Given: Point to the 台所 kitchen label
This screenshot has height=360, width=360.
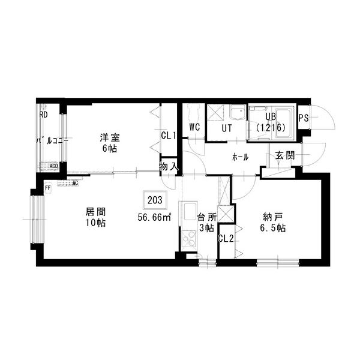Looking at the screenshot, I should click(206, 217).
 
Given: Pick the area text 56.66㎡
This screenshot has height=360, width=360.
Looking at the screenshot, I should click(154, 217).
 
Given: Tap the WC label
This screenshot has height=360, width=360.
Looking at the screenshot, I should click(194, 127).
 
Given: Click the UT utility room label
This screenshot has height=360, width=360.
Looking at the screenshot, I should click(227, 127).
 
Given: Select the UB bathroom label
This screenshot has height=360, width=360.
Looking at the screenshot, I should click(271, 117).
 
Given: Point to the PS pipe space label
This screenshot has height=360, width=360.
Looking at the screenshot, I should click(304, 118).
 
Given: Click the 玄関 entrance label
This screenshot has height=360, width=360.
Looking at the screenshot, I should click(285, 155).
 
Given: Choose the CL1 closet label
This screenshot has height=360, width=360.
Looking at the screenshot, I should click(168, 136).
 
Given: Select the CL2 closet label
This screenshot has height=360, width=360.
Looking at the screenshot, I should click(226, 238).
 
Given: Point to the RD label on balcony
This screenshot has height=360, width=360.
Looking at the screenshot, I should click(44, 115).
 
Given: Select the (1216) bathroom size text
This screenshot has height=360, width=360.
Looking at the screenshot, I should click(272, 128).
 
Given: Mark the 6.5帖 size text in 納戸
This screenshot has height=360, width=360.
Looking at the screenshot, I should click(274, 228).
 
